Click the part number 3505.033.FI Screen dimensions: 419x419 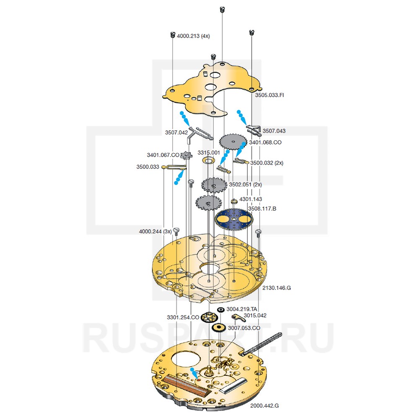coord(269,95)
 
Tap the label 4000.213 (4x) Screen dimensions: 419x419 coord(193,36)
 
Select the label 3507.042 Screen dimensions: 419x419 coord(176,132)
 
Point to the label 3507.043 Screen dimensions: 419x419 coord(274,131)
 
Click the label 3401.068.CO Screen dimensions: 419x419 coord(265,142)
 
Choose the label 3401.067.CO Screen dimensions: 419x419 coord(163,154)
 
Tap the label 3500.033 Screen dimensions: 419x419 coord(147,167)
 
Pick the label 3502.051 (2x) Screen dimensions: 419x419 coord(245,184)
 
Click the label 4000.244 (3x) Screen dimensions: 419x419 coord(155,231)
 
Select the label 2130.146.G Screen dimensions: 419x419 coord(277,288)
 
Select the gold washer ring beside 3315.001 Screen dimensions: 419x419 coord(208,161)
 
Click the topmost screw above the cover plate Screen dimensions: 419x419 coord(222,9)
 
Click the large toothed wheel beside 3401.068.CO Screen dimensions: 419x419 coord(232,142)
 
